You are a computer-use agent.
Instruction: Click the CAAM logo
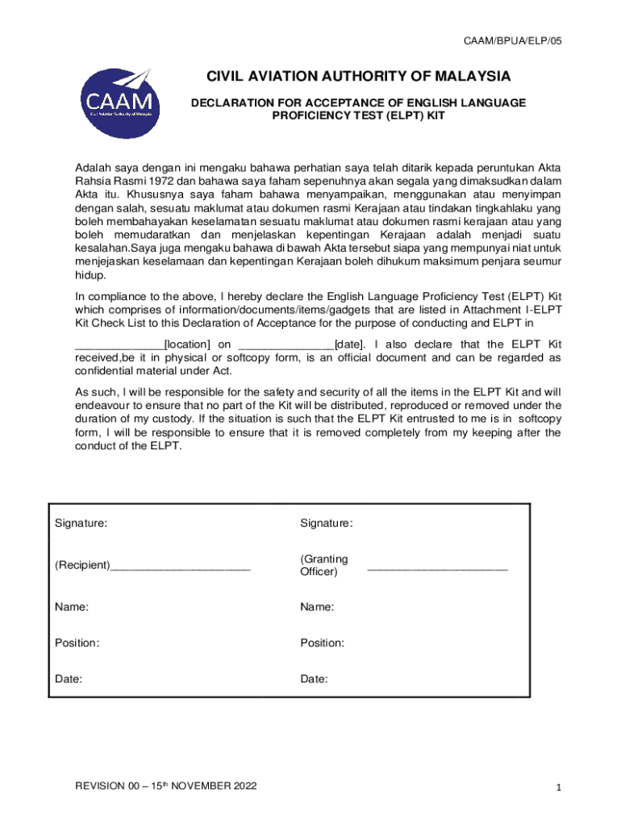pos(116,102)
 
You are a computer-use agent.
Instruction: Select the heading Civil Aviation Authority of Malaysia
pos(359,77)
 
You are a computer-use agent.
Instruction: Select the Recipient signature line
pos(181,565)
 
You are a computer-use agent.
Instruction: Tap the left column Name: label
pos(72,607)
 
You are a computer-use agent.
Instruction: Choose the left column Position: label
pos(77,643)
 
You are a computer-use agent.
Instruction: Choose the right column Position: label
pos(323,643)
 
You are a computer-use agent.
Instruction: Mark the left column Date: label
pos(69,679)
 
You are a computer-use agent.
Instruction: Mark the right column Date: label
pos(315,679)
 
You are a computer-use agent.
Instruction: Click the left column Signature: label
pos(81,523)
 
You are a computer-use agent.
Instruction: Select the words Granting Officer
pos(324,565)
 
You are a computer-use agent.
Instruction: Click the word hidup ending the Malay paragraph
pos(90,275)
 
